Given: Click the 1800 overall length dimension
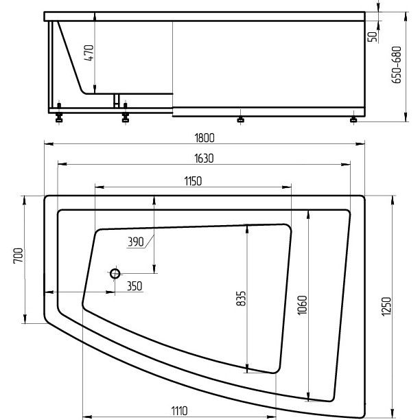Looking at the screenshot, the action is coord(205,138).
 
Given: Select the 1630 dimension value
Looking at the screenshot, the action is coord(204,159).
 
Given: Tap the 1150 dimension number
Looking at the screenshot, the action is coord(193,181).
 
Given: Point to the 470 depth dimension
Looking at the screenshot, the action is coord(89,53).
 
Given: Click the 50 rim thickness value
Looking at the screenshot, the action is coord(372,36).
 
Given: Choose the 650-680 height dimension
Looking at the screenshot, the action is coord(397,65).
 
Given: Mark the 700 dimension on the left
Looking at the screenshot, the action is coord(19,256).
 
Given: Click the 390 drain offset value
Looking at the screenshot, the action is coord(135,242).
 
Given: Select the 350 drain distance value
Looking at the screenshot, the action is coord(135,286).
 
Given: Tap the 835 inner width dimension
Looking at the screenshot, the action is coord(241,299).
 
